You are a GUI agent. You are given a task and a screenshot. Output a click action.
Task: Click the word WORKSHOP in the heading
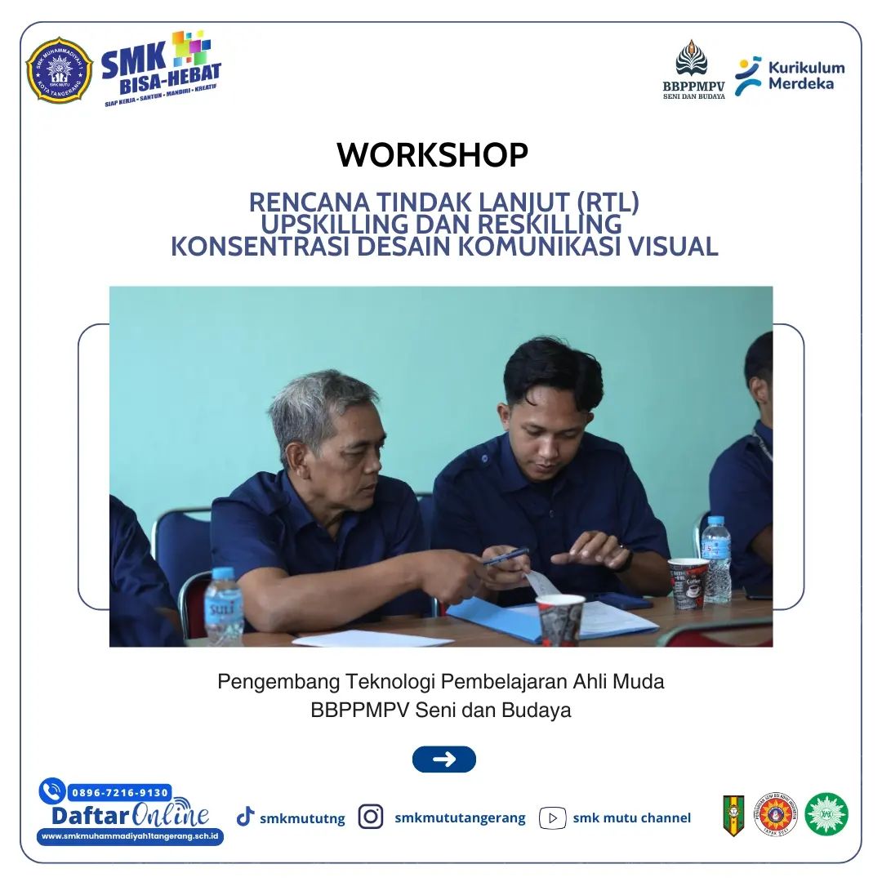[x=432, y=155]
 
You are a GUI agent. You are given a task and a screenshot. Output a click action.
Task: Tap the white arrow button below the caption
[x=443, y=759]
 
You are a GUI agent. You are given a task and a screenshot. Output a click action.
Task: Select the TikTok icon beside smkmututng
[x=245, y=817]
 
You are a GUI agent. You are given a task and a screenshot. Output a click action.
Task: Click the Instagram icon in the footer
[x=371, y=817]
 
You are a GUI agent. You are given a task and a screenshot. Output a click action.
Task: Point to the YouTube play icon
[x=553, y=817]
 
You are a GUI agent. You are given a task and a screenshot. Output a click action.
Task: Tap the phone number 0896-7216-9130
[x=119, y=792]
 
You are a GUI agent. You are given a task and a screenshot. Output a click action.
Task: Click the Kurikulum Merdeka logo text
[x=805, y=75]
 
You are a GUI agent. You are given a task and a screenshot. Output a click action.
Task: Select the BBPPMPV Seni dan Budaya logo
[x=693, y=69]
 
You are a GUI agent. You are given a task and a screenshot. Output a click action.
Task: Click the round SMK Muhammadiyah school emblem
[x=59, y=70]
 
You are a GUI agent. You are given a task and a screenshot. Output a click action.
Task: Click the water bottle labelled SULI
[x=223, y=606]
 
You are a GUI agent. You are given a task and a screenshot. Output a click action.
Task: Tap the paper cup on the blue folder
[x=560, y=619]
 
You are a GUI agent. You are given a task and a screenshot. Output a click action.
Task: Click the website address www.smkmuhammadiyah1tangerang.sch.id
[x=131, y=836]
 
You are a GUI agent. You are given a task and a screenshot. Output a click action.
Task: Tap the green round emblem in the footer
[x=826, y=814]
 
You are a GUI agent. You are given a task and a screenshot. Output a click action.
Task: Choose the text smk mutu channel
[x=631, y=817]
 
